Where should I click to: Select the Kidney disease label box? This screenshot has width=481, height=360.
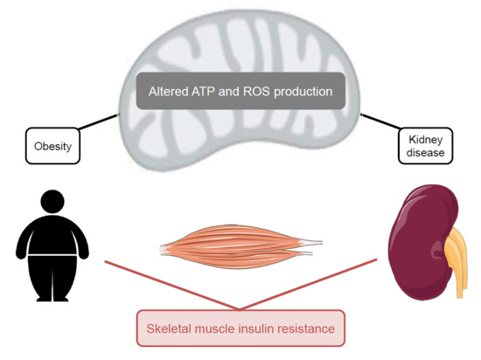[x=425, y=145]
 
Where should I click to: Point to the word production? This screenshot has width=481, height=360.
[x=311, y=91]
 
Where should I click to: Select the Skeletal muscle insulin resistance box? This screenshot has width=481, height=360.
[x=240, y=329]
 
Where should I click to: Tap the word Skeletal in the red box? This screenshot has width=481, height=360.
[x=167, y=329]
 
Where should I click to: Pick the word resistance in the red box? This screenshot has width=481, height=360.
[x=312, y=329]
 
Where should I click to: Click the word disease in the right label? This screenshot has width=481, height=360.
[x=425, y=153]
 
